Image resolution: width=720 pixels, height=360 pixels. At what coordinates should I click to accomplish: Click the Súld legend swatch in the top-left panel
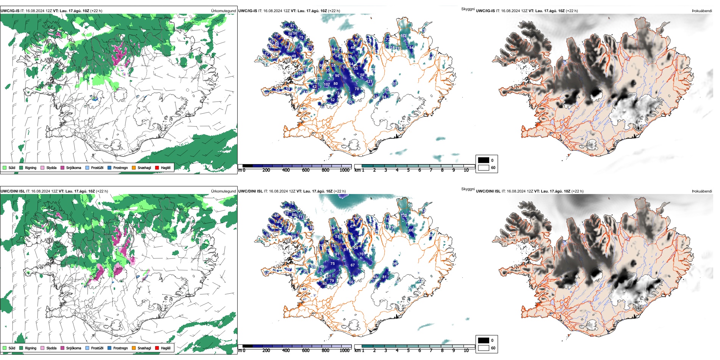click(x=5, y=167)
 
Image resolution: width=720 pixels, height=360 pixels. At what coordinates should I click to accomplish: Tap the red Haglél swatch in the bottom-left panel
click(x=157, y=348)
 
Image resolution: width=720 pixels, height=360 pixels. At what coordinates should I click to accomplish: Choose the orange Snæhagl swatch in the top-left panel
click(x=134, y=167)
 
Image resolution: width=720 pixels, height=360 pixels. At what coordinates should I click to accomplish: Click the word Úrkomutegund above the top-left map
click(x=223, y=11)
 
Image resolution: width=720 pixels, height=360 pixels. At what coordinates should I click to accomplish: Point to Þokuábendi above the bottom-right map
click(x=702, y=191)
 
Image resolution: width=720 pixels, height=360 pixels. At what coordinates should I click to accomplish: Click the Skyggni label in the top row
click(x=468, y=9)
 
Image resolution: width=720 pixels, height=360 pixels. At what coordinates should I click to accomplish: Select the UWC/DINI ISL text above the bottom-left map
click(x=13, y=191)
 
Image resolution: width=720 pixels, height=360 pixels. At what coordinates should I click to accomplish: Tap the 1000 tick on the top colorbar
click(x=344, y=170)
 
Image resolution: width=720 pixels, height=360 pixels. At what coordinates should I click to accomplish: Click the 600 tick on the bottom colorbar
click(x=306, y=351)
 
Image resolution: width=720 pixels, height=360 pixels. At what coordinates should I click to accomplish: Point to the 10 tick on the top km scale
click(x=466, y=170)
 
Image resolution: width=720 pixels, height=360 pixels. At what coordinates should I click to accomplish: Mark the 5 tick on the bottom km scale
click(x=409, y=351)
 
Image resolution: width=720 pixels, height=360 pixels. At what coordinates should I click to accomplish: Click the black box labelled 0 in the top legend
click(x=484, y=160)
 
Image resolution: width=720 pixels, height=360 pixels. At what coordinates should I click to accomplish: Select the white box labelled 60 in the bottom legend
click(x=484, y=348)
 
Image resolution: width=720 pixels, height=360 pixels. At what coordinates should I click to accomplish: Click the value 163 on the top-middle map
click(x=403, y=36)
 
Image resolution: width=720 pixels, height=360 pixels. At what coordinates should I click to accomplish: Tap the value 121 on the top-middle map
click(x=369, y=81)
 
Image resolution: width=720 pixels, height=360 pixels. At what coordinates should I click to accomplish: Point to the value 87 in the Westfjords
click(x=292, y=26)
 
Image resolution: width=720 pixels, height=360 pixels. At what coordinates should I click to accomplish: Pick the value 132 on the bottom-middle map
click(x=404, y=215)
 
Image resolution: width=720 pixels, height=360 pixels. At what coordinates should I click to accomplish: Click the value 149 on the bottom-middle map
click(x=321, y=267)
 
